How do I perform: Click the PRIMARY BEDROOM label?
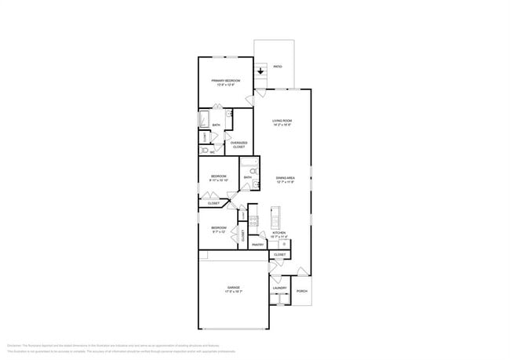(225, 82)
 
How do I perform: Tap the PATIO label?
(277, 67)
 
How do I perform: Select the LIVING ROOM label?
(282, 122)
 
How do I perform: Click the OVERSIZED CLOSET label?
(239, 144)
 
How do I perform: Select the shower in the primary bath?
(202, 119)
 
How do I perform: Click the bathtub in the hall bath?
(250, 164)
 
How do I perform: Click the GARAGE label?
(234, 289)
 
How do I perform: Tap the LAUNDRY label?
(279, 288)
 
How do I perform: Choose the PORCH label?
(302, 291)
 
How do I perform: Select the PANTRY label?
(257, 245)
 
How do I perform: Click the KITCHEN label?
(279, 235)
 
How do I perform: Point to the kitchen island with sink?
(275, 216)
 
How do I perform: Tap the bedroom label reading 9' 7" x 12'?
(218, 230)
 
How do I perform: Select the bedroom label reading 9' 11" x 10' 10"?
(218, 178)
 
